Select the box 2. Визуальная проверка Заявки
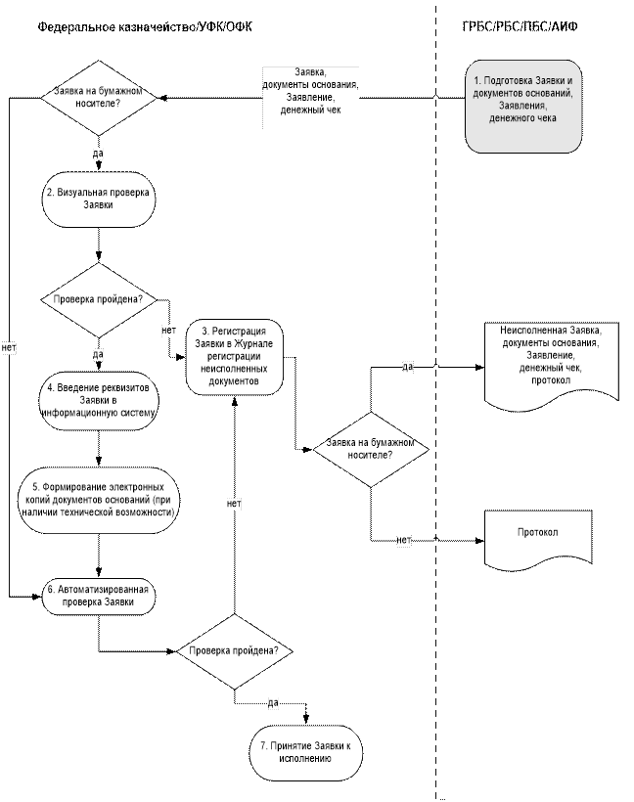pos(98,200)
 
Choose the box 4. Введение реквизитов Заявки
pos(98,400)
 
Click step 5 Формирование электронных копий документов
pos(98,499)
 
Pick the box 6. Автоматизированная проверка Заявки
pos(98,597)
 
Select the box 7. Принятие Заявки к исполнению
pos(305,752)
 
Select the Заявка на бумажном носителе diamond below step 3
pos(371,449)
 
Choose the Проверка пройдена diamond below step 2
pos(98,300)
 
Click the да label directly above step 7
pos(272,702)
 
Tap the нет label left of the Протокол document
pos(402,540)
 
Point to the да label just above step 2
pos(98,153)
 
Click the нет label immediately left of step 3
pos(168,331)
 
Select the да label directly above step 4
pos(98,353)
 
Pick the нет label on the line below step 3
pos(234,504)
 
